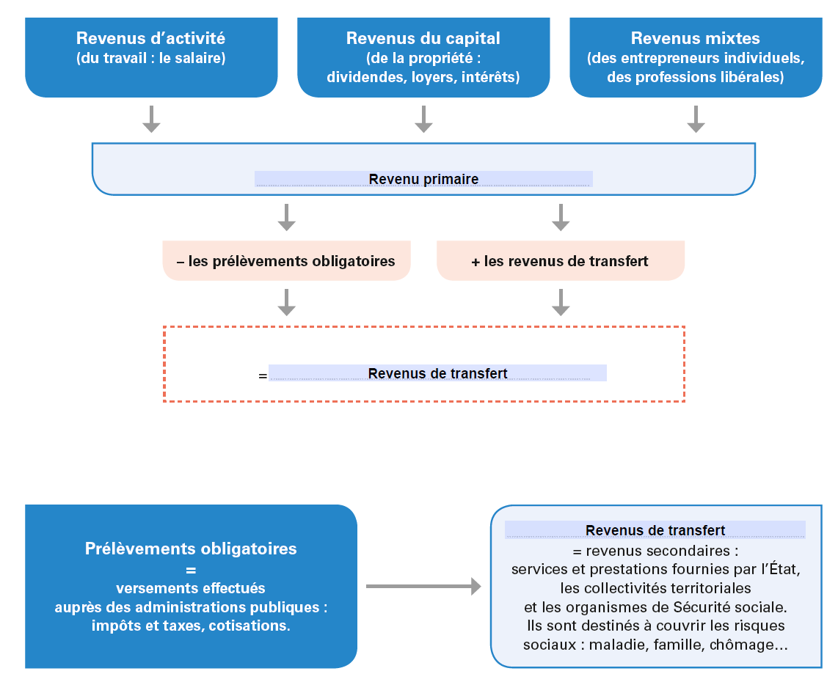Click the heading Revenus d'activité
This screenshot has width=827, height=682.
tap(151, 38)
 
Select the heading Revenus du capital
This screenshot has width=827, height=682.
tap(423, 38)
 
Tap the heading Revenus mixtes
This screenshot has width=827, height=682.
tap(695, 38)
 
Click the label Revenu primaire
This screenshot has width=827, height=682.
tap(423, 179)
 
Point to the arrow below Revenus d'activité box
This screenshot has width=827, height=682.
tap(151, 119)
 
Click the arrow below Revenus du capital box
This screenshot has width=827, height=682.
tap(423, 119)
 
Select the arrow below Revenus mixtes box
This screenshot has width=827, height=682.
tap(696, 119)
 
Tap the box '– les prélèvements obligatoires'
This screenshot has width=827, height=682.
tap(286, 261)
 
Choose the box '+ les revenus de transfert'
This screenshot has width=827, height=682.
tap(561, 261)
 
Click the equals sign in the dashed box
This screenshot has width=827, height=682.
tap(263, 375)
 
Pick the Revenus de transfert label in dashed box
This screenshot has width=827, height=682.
tap(438, 373)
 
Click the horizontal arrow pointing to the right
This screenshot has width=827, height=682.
tap(423, 586)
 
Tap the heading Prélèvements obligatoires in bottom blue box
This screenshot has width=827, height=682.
tap(191, 549)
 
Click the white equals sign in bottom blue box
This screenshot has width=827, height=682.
tap(191, 570)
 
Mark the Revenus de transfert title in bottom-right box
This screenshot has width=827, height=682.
tap(655, 530)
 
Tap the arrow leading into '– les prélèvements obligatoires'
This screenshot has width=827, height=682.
tap(286, 218)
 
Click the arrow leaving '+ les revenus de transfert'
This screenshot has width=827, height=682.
tap(561, 303)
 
